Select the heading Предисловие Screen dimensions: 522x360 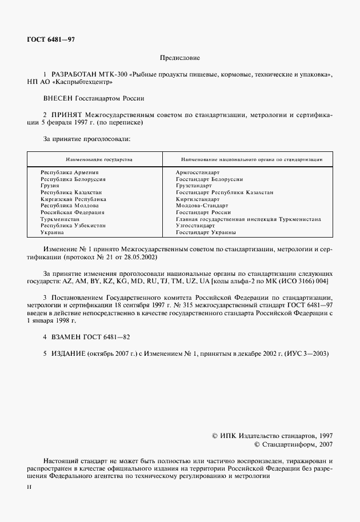tap(179, 58)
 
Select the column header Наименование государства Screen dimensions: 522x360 tap(95, 159)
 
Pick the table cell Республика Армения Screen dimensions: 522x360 tap(69, 172)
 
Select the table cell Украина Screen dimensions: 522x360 tap(52, 232)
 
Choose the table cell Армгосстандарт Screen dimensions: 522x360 tap(198, 172)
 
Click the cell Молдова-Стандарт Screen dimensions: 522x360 tap(202, 205)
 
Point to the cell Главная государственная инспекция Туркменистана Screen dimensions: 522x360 tap(248, 219)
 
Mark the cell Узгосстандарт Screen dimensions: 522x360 tap(195, 226)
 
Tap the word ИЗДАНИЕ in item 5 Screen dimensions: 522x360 tap(68, 354)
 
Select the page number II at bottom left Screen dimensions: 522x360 tap(30, 487)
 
